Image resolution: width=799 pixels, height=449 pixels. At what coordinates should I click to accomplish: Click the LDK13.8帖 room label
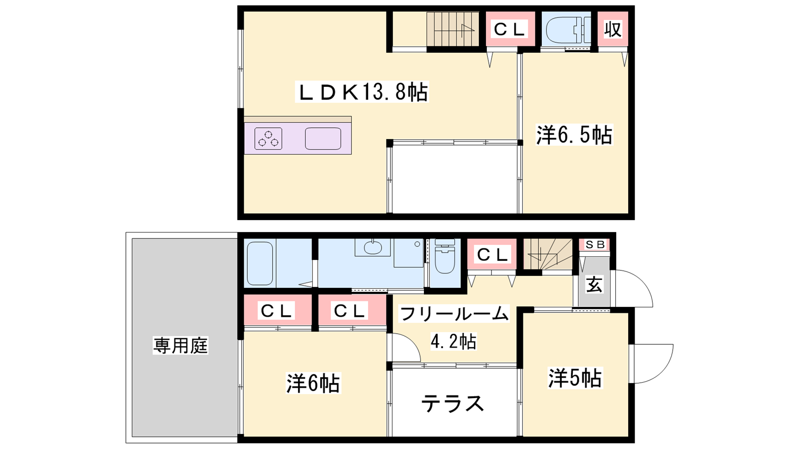point(362,92)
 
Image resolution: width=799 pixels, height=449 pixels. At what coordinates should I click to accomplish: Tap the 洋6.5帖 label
point(574,135)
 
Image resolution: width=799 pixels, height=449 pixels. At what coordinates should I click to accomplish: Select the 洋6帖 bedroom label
point(313,383)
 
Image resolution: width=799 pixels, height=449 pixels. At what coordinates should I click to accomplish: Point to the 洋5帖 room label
point(575,378)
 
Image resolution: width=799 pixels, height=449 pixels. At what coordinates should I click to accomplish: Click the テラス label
point(452,404)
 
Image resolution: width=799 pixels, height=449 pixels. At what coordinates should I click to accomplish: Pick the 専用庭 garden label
point(180,345)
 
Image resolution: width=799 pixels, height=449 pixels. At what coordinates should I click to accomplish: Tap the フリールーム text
point(454,314)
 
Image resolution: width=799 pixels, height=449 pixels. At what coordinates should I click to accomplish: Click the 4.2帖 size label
point(453,341)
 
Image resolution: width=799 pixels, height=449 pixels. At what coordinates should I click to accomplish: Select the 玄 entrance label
point(594,285)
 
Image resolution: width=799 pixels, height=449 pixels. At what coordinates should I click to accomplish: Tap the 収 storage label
point(613,29)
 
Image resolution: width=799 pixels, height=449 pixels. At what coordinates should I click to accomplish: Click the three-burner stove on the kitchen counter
point(268,138)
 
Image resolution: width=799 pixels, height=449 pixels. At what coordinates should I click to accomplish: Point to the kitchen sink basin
point(323,139)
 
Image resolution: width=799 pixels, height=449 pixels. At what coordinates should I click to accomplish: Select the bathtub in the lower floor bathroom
point(260,264)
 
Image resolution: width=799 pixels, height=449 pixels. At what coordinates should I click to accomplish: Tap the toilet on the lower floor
point(445,256)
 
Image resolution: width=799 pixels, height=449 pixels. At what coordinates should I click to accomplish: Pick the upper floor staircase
point(453,29)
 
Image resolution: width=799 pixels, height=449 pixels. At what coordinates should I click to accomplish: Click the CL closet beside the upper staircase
point(510,29)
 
